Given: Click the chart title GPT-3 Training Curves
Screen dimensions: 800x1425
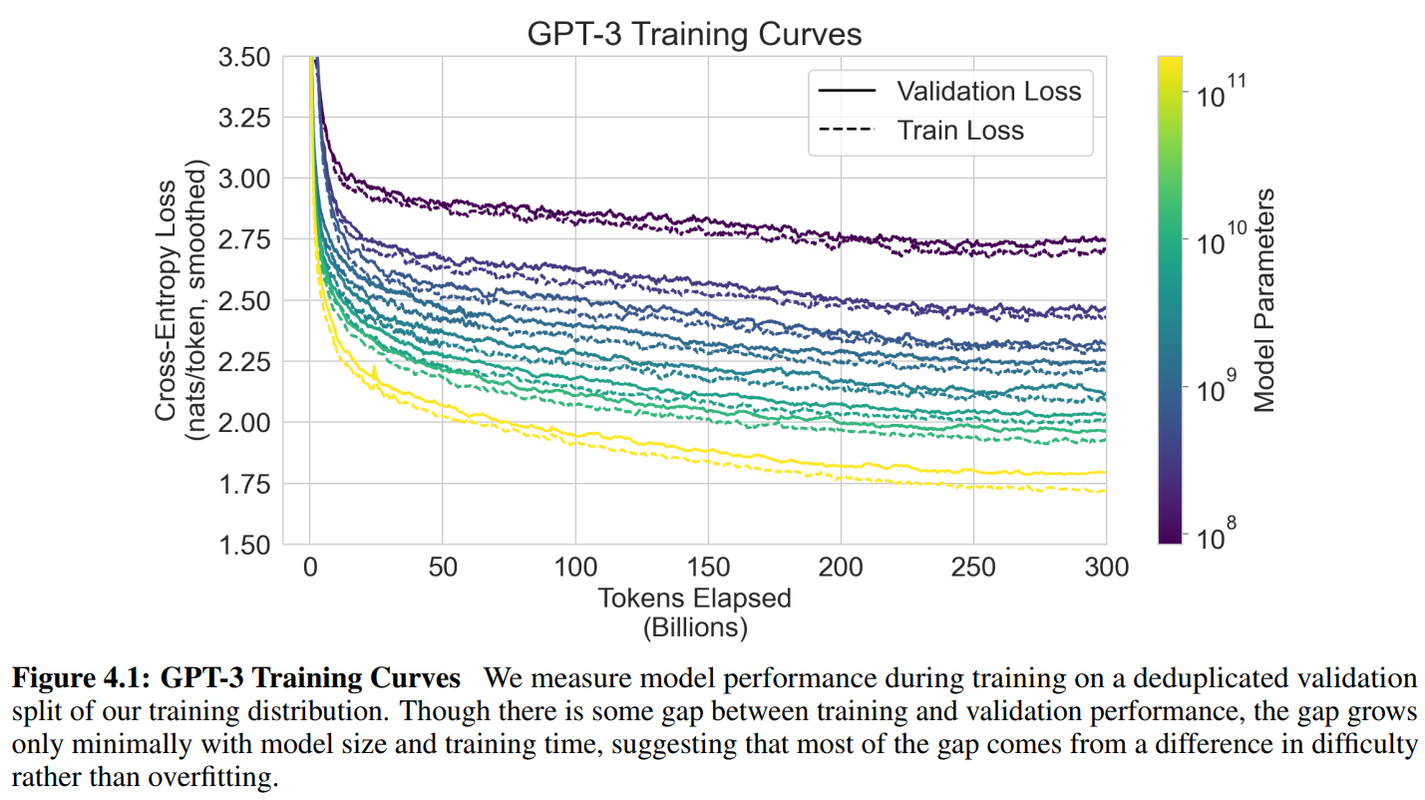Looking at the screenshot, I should tap(693, 35).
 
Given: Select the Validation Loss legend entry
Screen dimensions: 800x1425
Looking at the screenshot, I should tap(988, 91).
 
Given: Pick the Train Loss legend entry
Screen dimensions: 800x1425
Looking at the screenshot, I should tap(959, 131).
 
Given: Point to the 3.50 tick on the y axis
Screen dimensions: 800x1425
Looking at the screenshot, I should tap(244, 57).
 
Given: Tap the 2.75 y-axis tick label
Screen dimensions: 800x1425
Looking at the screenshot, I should tap(244, 239).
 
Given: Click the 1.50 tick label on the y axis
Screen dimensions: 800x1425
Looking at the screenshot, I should tap(244, 545).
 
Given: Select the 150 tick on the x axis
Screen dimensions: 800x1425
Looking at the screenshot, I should tap(708, 568).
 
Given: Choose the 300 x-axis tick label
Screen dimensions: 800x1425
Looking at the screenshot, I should tap(1106, 568).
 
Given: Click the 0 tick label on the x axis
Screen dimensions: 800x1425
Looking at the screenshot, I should tap(310, 568).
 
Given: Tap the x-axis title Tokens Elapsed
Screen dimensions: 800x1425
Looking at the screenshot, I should tap(694, 599).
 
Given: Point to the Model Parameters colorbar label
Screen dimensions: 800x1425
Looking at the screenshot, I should tap(1264, 299).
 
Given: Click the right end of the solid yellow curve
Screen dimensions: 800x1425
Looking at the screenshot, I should tap(1104, 472).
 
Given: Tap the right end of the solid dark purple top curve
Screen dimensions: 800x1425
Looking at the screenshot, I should tap(1104, 239).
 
